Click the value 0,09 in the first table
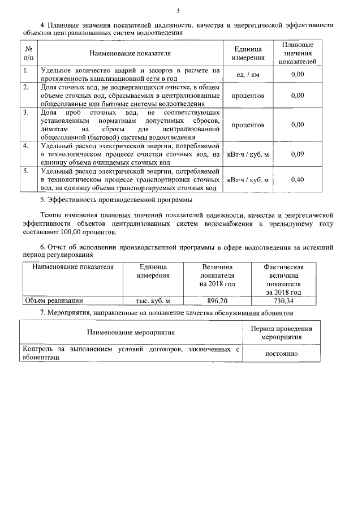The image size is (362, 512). point(297,154)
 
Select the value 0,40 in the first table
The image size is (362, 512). point(297,179)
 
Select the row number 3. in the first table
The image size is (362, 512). point(26,113)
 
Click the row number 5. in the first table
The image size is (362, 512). point(26,170)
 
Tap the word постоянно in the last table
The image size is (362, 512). point(282,354)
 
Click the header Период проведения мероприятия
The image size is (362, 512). point(282,333)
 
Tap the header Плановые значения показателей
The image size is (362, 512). point(297,53)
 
